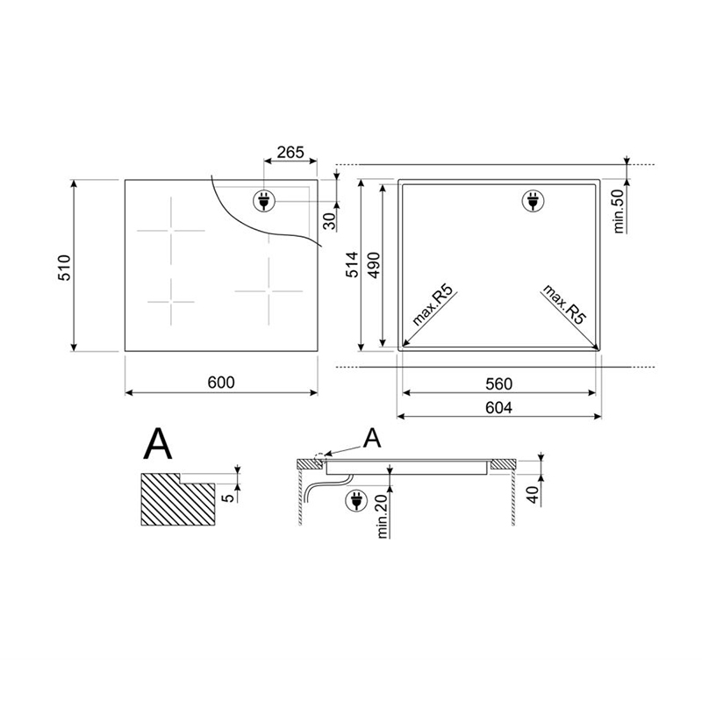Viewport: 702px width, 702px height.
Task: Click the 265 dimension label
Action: point(290,153)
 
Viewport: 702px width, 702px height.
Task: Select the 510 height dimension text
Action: point(64,268)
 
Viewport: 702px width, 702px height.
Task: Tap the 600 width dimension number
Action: point(221,383)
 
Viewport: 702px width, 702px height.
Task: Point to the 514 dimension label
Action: point(353,265)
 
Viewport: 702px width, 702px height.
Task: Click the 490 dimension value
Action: point(374,266)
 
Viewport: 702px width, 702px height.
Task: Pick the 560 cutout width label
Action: point(498,383)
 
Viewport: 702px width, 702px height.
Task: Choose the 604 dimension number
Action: point(498,407)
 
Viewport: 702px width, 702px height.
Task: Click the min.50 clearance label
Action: point(619,211)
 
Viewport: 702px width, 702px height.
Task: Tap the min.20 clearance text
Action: point(382,516)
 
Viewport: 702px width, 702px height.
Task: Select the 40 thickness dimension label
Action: point(533,495)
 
